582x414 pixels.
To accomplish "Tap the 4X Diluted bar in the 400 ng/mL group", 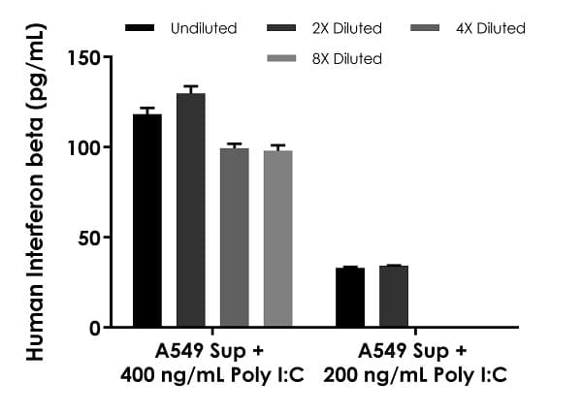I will (234, 238).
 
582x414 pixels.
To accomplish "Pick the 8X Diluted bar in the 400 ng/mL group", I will (277, 239).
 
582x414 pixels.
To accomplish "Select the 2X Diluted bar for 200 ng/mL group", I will (394, 297).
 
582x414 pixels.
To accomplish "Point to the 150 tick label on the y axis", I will (84, 57).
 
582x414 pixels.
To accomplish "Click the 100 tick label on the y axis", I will (84, 147).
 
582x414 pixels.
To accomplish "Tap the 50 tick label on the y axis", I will (89, 238).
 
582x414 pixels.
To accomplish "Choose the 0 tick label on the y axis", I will (94, 328).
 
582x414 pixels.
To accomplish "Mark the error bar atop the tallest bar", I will (190, 89).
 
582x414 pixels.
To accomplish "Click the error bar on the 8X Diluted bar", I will (277, 147).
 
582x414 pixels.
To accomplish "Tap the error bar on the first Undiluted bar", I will (146, 111).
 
